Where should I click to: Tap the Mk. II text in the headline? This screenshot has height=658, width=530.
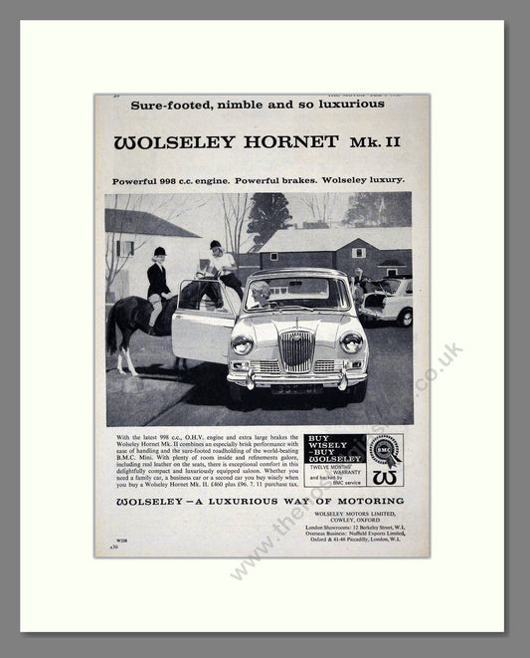376,142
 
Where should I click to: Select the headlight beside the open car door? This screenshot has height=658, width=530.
242,344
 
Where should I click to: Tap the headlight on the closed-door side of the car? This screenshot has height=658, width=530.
350,343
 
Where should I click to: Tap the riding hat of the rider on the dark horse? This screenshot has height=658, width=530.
159,252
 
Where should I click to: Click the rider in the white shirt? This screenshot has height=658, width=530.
219,264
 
